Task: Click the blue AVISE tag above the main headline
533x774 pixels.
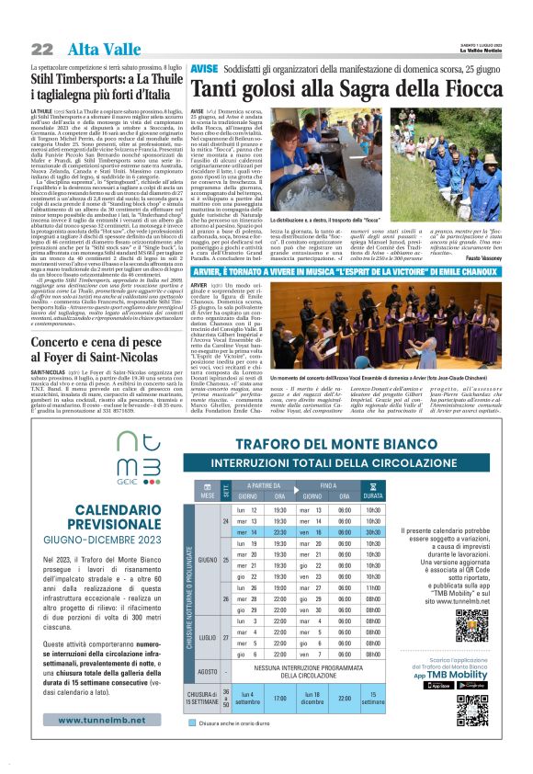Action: click(203, 70)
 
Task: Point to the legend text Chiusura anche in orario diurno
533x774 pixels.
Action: click(255, 723)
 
